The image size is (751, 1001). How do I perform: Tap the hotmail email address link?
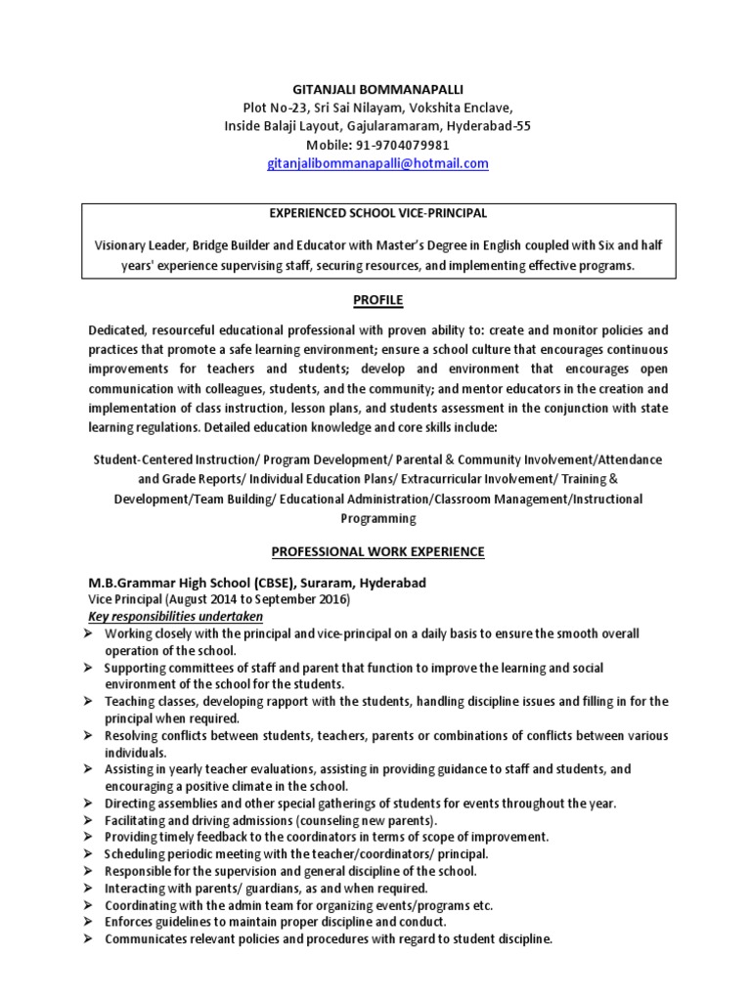point(377,164)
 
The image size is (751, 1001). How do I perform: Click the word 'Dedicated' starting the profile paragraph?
point(119,331)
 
